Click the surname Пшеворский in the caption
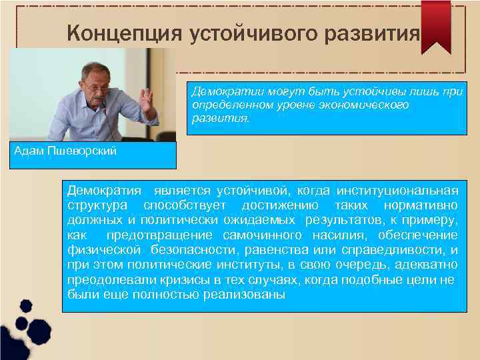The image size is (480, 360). pos(83,151)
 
